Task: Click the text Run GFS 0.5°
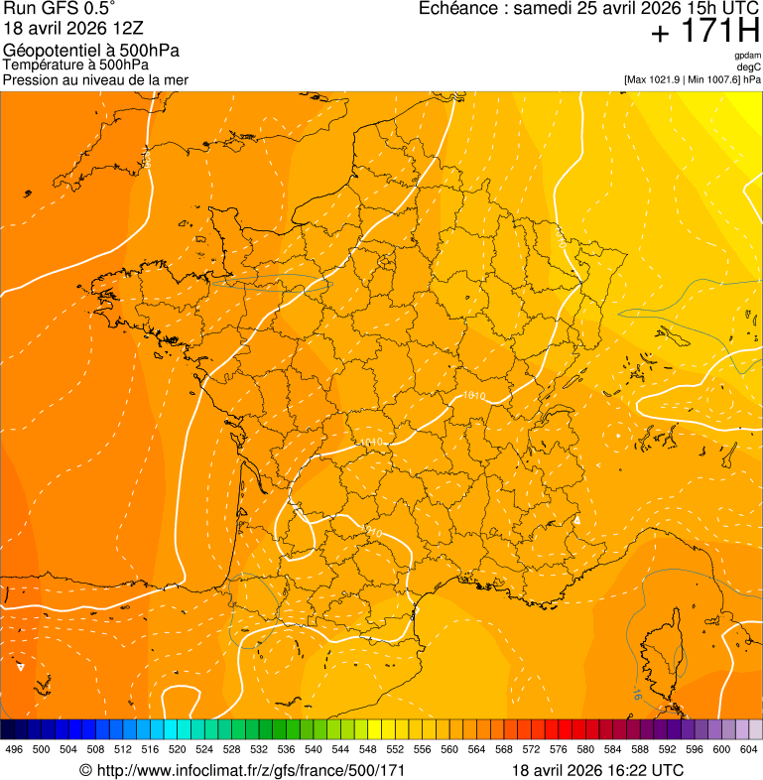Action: (x=60, y=10)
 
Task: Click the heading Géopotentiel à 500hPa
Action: (x=91, y=50)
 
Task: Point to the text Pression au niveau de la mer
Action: (x=95, y=79)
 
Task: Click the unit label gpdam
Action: (x=747, y=56)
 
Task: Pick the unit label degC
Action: (x=749, y=66)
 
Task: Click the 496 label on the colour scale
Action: (x=14, y=749)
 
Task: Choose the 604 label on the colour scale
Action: (x=748, y=749)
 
